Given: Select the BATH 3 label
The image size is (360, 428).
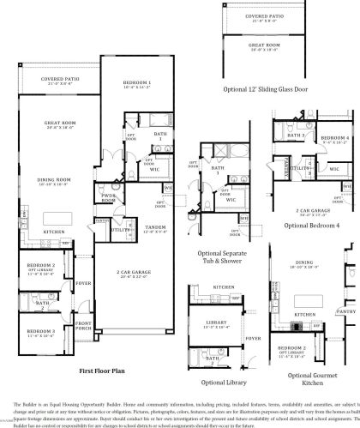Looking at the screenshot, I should point(296,136).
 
